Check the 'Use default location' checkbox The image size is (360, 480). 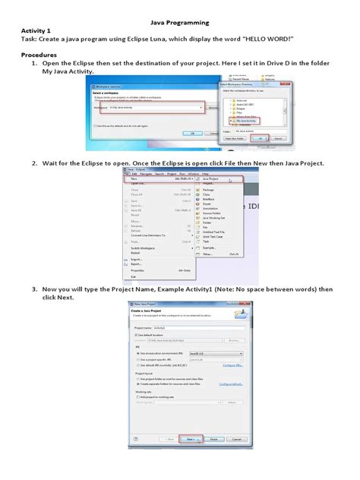pos(136,334)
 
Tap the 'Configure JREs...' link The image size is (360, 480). pos(232,365)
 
